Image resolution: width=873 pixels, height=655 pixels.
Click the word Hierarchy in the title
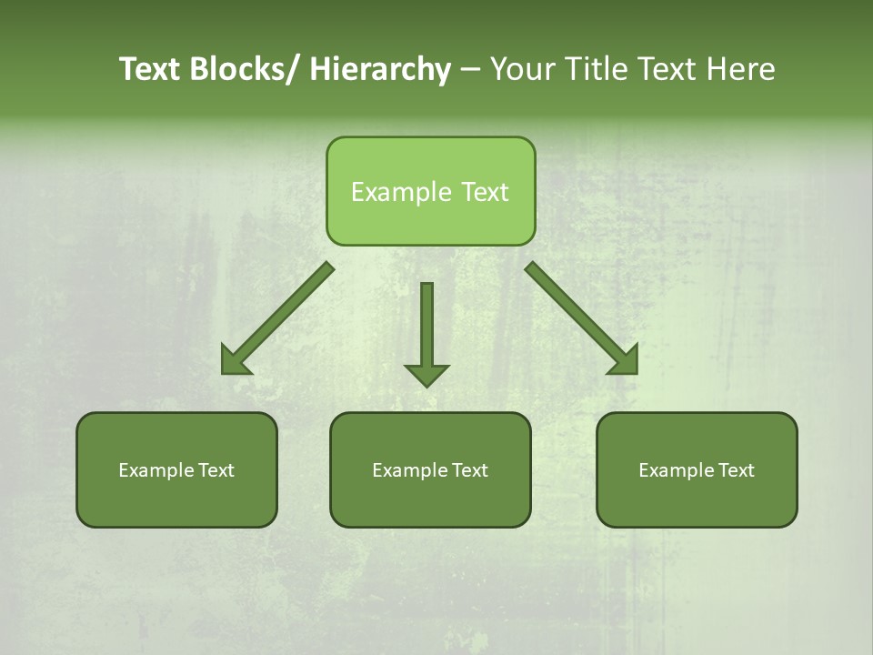coord(380,70)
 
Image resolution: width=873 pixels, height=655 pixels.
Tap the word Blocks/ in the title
coord(246,70)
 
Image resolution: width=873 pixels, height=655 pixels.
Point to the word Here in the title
coord(741,70)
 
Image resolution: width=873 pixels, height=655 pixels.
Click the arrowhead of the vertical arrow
coord(426,374)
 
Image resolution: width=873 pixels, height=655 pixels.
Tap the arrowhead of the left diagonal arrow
coord(235,362)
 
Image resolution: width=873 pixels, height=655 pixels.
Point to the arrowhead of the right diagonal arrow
coord(624,360)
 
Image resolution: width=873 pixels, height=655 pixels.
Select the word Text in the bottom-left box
coord(216,470)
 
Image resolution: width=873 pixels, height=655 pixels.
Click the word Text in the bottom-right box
coord(737,470)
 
